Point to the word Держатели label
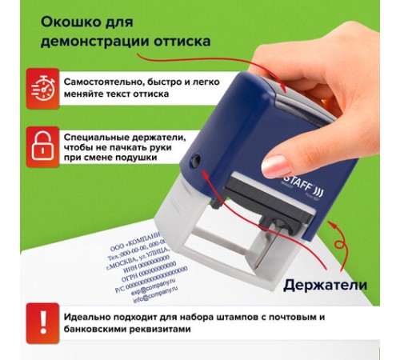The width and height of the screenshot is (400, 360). point(325,284)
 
